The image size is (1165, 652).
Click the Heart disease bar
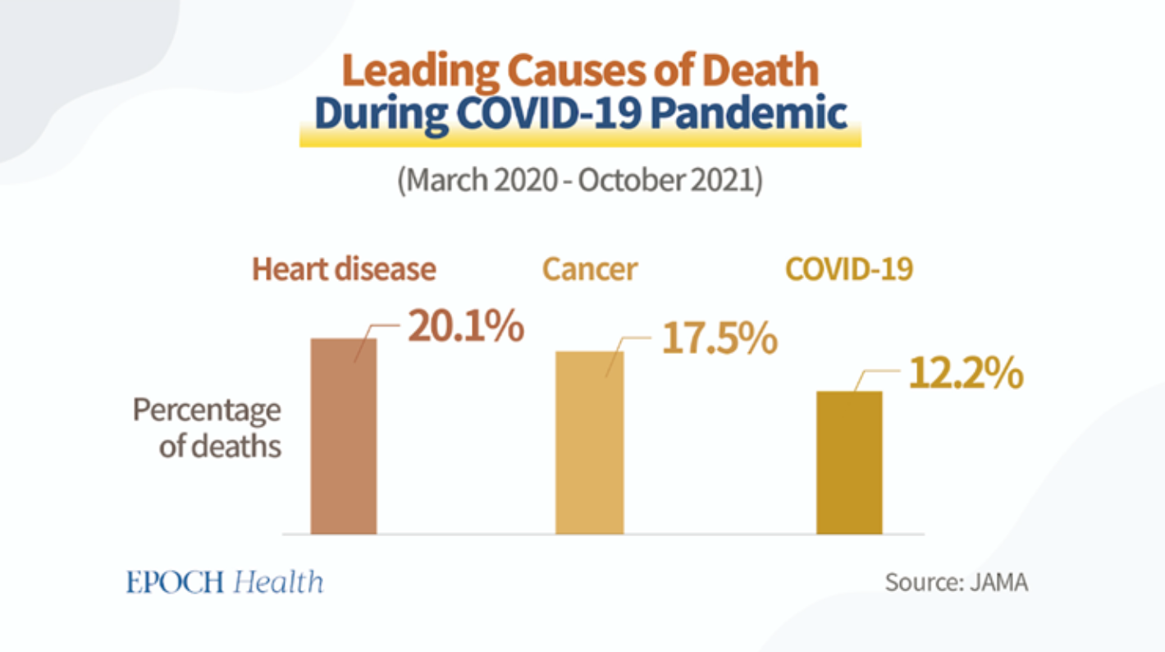343,435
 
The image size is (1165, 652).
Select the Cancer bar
589,442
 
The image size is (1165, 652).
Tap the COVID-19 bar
848,461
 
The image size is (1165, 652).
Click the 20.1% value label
466,328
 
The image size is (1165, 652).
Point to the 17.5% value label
720,339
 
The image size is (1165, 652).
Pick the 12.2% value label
966,375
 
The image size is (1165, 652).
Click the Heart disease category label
344,269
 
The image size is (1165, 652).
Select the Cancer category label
589,269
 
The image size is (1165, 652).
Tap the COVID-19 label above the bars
849,269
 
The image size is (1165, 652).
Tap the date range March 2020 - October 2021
580,181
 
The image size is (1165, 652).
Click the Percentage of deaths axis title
207,428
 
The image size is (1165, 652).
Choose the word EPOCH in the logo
175,582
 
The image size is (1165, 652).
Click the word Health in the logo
278,582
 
